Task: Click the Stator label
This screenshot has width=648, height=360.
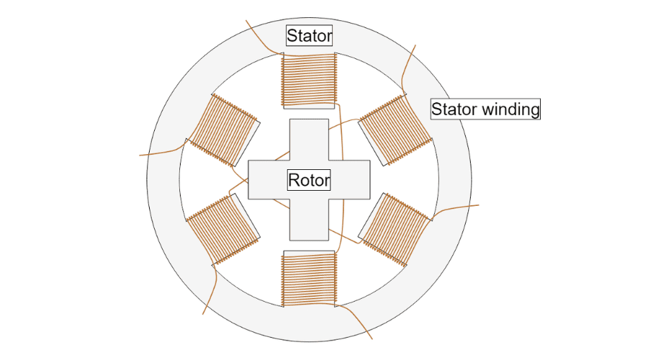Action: coord(310,35)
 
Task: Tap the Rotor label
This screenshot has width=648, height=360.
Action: coord(309,180)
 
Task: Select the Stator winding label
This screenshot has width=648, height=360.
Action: coord(485,109)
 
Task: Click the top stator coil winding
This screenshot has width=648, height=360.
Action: coord(309,79)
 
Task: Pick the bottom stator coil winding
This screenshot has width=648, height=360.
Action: coord(309,278)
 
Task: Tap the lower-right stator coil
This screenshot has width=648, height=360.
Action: coord(395,230)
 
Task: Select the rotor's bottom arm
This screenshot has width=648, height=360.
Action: coord(309,220)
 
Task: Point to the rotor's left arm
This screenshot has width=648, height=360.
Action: coord(266,180)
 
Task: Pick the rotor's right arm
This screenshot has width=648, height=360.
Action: coord(351,180)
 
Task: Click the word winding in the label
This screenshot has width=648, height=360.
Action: coord(510,109)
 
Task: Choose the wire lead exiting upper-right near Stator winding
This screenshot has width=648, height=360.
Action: coord(410,61)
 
